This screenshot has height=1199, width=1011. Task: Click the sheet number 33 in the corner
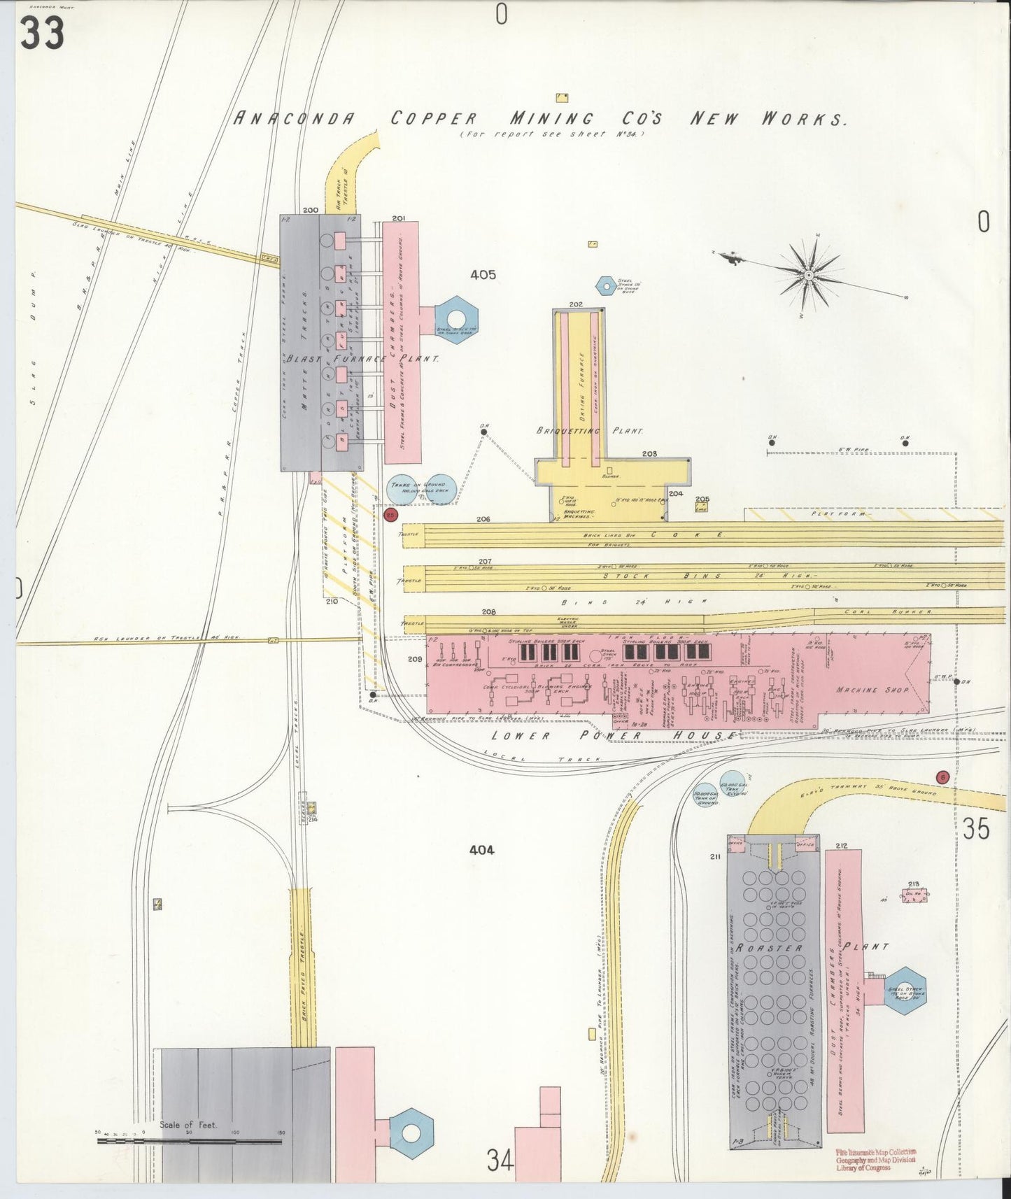point(42,33)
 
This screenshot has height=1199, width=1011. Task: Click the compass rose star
point(809,276)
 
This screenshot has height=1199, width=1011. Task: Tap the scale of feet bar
point(189,1141)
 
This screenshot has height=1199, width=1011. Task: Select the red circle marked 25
point(390,516)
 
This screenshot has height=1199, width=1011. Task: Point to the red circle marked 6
point(942,777)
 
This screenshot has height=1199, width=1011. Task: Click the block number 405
point(483,275)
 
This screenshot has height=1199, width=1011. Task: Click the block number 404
point(482,850)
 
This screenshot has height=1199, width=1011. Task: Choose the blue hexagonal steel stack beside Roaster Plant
point(905,991)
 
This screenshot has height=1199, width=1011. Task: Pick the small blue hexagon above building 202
point(605,285)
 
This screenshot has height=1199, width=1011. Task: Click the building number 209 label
point(414,659)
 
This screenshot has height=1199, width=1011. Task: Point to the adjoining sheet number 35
point(975,830)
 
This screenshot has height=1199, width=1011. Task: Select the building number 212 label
point(841,846)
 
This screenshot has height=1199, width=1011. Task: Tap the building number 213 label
point(913,884)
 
